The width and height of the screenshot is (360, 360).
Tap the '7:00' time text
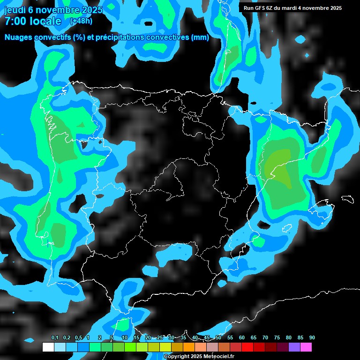point(16,21)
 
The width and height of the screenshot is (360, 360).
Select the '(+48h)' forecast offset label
point(81,21)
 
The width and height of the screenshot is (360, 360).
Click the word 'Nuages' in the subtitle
point(18,37)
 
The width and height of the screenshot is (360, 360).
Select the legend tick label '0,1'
point(54,338)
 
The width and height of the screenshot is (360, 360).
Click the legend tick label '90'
point(312,338)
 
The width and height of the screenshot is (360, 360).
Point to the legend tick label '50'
point(218,338)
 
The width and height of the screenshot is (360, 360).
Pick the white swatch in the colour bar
point(48,347)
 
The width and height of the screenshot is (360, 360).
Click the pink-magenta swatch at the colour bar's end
point(306,347)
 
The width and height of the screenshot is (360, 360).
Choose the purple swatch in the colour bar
point(294,347)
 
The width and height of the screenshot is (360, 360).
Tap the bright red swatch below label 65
point(247,347)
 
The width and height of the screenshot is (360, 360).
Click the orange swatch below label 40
point(189,347)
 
